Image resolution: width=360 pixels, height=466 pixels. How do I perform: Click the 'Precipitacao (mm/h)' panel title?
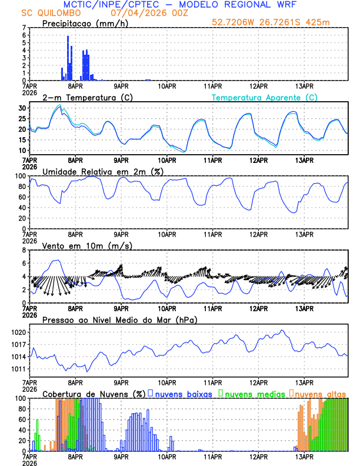(85, 24)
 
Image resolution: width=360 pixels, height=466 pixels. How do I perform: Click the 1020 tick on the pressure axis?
(19, 331)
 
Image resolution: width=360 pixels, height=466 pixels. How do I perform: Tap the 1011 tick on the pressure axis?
(19, 369)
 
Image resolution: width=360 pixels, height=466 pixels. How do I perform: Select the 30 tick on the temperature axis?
(22, 108)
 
